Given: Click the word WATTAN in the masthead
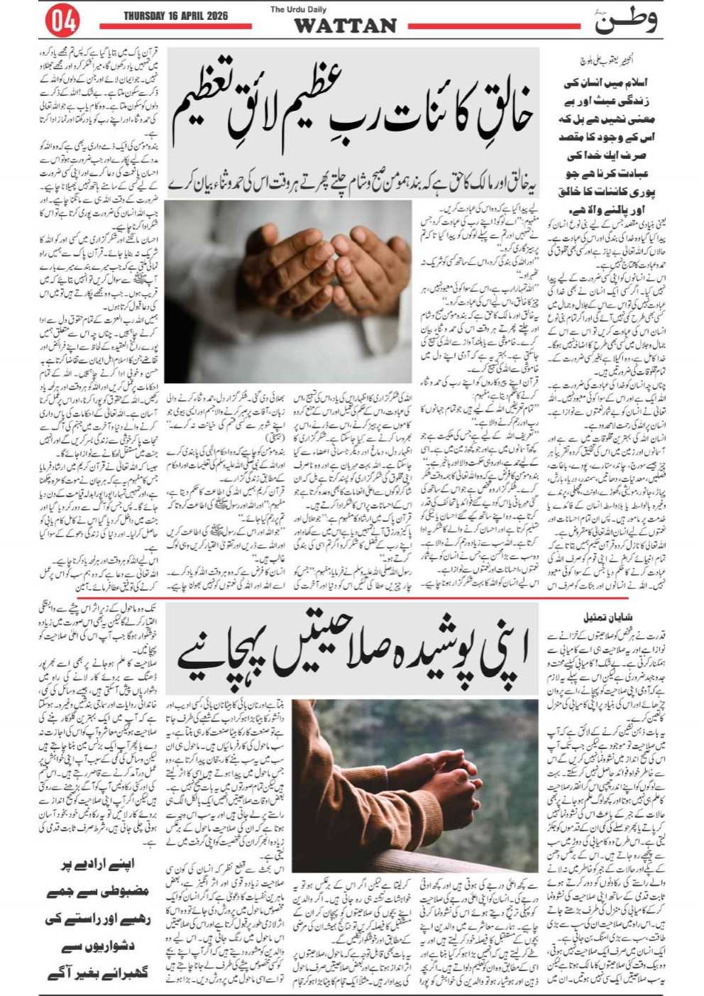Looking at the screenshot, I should coord(345,26).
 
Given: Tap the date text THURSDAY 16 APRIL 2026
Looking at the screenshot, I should coord(176,15).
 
